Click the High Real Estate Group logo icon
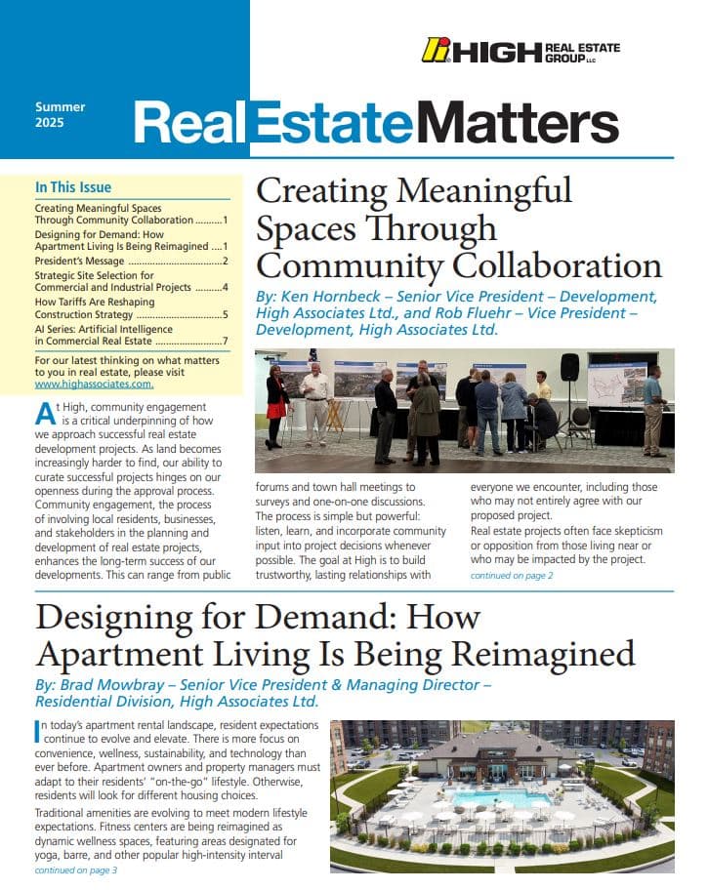point(436,50)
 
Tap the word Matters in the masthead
point(517,124)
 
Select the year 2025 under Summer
point(50,124)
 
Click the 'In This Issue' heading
point(73,187)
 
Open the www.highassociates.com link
point(95,384)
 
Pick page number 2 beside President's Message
point(225,261)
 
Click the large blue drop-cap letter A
point(45,413)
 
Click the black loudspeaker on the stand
point(569,368)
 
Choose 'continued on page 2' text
point(512,577)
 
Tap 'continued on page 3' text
point(76,870)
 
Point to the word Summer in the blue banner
point(61,106)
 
